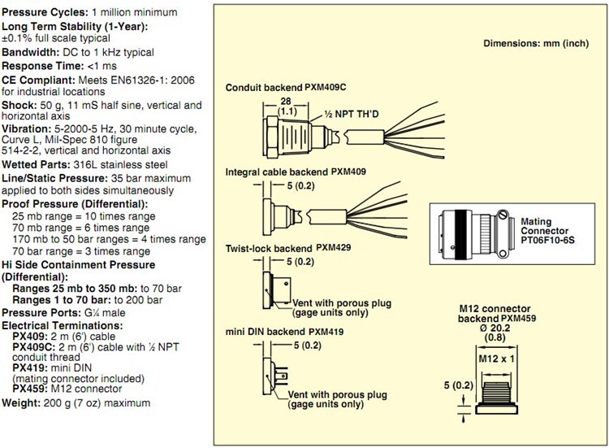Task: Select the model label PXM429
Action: (x=335, y=246)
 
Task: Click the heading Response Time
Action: (x=41, y=65)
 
